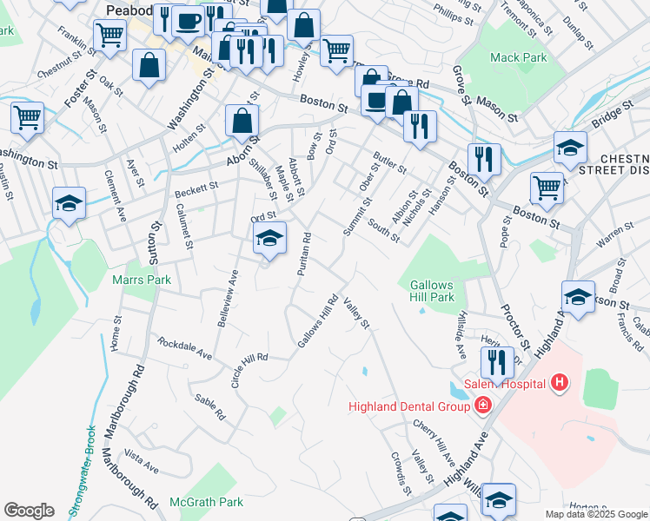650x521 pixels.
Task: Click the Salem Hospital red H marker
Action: [x=560, y=383]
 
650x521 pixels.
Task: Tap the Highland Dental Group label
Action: [x=409, y=406]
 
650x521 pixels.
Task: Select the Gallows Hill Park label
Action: [x=432, y=291]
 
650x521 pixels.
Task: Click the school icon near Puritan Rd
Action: [x=270, y=241]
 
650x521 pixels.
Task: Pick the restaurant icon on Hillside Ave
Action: [x=497, y=362]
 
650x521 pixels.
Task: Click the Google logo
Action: [x=29, y=511]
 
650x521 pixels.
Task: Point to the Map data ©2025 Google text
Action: [x=595, y=514]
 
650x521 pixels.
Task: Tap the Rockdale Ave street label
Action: [x=184, y=349]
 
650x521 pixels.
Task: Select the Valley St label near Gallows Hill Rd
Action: [x=356, y=313]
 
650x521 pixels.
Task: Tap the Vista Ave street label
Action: [x=141, y=461]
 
